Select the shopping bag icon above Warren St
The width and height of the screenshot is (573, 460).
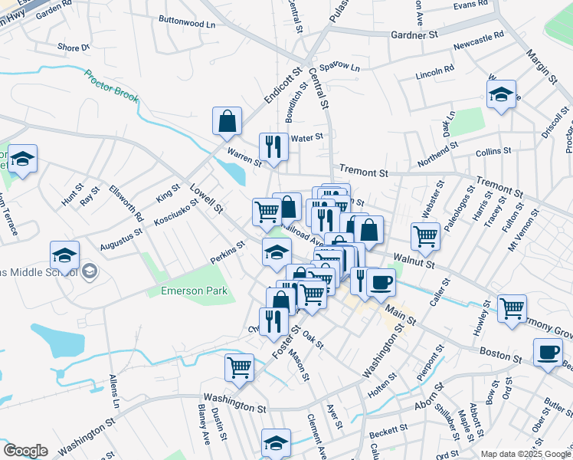228,121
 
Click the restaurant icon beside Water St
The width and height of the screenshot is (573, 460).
273,146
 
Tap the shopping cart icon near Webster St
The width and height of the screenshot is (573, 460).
425,236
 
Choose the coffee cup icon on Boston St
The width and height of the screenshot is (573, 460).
547,352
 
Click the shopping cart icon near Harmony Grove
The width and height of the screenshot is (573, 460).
512,308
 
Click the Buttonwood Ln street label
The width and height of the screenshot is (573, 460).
187,23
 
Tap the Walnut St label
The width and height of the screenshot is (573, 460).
414,261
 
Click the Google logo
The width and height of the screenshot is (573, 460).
25,451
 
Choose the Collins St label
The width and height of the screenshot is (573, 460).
492,153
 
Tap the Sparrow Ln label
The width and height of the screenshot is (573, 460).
339,67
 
